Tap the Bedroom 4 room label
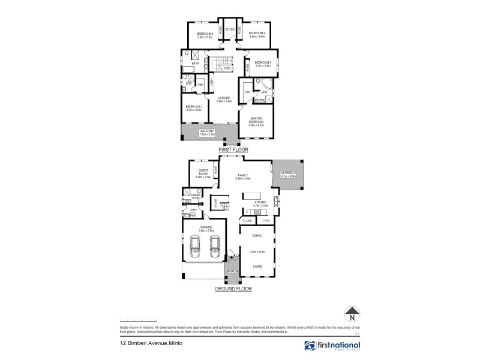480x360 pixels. [257, 34]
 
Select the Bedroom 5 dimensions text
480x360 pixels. [263, 66]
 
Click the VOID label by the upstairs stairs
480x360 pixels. [227, 68]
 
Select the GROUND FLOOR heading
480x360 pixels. [233, 288]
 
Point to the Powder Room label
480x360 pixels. [194, 197]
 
